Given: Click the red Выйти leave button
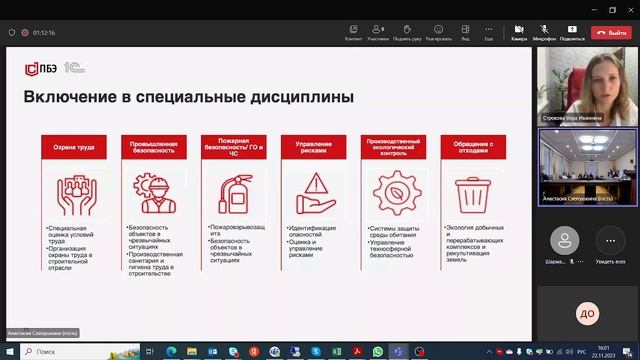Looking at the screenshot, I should pos(612,32).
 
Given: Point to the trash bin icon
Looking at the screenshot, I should pos(471,192).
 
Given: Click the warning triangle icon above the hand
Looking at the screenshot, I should pos(313,187).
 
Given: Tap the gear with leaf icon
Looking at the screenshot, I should pos(391,192).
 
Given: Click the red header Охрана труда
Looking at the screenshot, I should pos(75,147).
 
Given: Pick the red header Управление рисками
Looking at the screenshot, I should pos(313,147).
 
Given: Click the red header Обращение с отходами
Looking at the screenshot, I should pos(471,147).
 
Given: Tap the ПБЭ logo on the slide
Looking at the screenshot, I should pos(41,68).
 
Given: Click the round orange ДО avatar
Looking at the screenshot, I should pos(587,315).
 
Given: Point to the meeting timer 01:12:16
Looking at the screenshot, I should pos(43,32).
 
